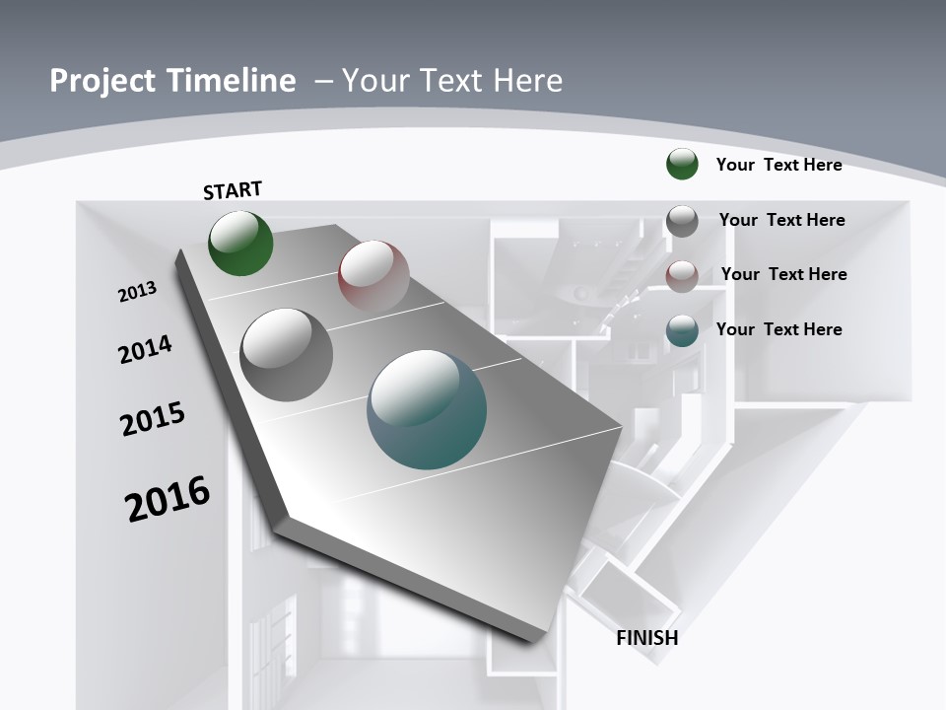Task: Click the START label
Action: (233, 190)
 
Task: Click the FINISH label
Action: (647, 638)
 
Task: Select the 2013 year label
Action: (137, 292)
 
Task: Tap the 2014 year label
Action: (145, 349)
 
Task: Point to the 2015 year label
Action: (153, 419)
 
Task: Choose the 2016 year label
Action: (168, 499)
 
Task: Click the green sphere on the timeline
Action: (240, 243)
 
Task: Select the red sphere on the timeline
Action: (373, 276)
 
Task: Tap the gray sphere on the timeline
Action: (286, 354)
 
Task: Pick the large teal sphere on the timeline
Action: (427, 409)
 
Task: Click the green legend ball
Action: (682, 164)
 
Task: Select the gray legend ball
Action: (682, 221)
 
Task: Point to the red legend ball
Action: (682, 275)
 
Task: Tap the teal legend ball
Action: (682, 330)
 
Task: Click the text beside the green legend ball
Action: (778, 165)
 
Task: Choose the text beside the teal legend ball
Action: (778, 329)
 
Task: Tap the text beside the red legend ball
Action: (783, 274)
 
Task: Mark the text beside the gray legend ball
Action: (781, 220)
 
